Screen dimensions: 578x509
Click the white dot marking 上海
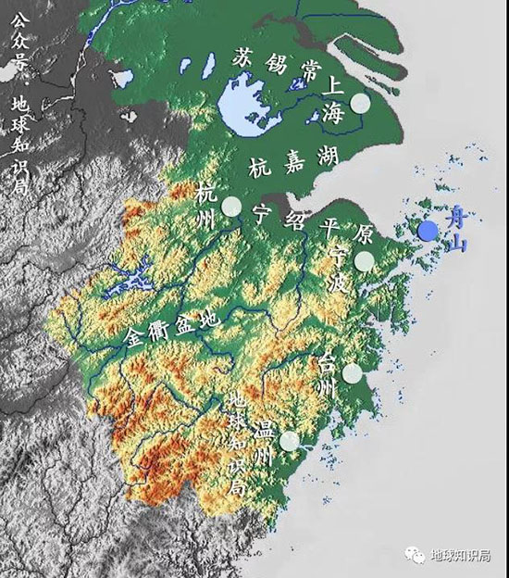359,104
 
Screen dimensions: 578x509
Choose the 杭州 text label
207,207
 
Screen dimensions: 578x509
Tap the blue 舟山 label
453,231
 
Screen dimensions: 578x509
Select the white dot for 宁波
364,261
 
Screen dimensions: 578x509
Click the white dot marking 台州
352,373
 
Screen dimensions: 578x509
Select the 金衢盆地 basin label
173,329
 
